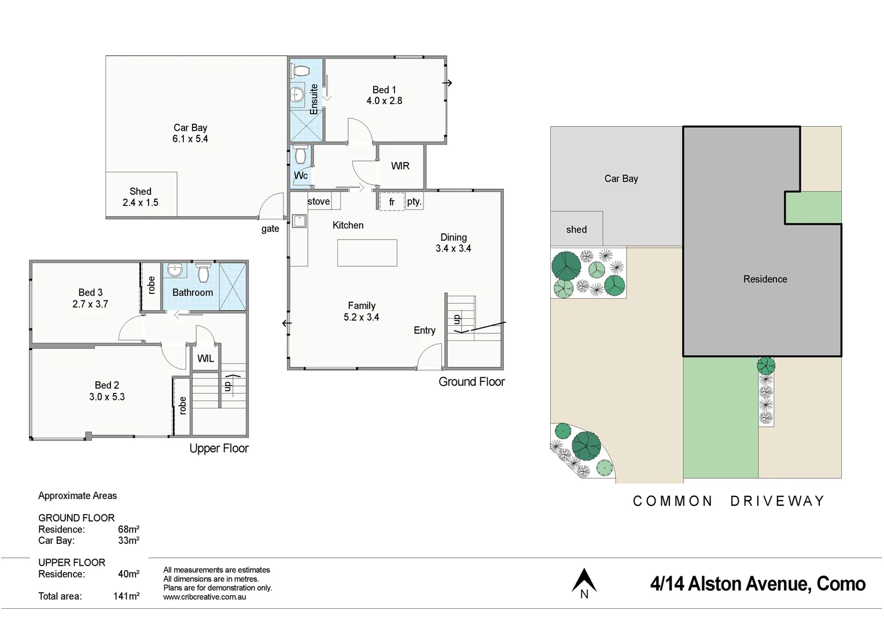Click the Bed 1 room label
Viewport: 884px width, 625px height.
(384, 90)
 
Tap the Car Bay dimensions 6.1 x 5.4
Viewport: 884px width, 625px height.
(190, 139)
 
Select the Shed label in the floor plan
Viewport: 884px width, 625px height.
(140, 192)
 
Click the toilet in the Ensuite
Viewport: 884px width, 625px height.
(300, 71)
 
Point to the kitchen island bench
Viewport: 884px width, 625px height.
(367, 253)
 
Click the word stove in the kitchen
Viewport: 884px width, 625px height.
(319, 201)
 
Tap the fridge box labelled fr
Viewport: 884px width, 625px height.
(392, 202)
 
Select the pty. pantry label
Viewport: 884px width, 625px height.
(414, 201)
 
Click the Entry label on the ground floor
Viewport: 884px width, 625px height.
(424, 330)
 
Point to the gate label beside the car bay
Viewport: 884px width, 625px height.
(270, 229)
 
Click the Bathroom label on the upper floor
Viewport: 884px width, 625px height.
(193, 293)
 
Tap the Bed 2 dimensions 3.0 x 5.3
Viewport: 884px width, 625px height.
(107, 397)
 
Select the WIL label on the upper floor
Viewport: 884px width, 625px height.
(205, 359)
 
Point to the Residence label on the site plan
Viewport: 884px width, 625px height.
(765, 280)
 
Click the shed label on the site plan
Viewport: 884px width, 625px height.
(576, 230)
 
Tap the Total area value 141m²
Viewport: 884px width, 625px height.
(126, 596)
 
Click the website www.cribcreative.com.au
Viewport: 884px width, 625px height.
(204, 597)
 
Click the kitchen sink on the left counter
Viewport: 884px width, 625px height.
(299, 221)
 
